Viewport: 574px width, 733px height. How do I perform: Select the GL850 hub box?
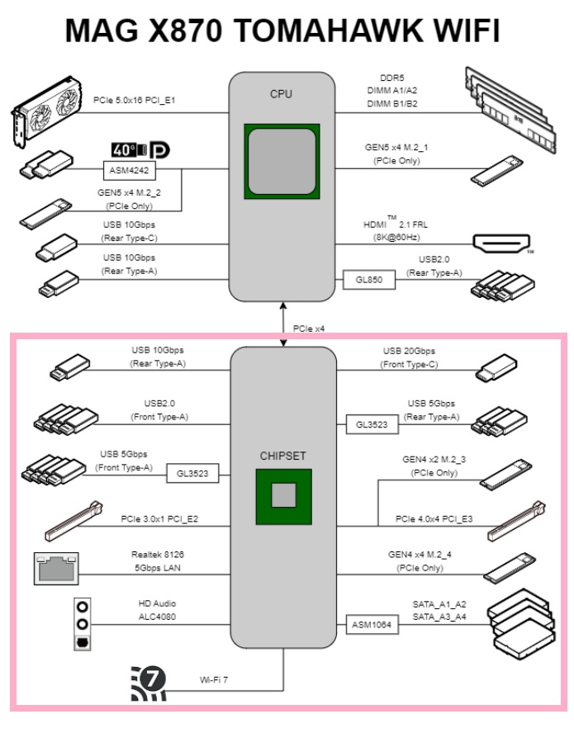tap(368, 280)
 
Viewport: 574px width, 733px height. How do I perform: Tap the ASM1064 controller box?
tap(372, 626)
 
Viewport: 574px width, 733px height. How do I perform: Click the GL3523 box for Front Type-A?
tap(192, 474)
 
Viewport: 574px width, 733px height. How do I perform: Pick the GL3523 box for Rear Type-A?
tap(372, 425)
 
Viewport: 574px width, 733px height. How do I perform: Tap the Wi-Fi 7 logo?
tap(149, 683)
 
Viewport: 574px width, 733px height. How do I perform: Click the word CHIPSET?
tap(283, 455)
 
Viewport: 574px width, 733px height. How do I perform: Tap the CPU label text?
tap(282, 94)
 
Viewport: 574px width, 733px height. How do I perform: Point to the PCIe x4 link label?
tap(309, 329)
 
